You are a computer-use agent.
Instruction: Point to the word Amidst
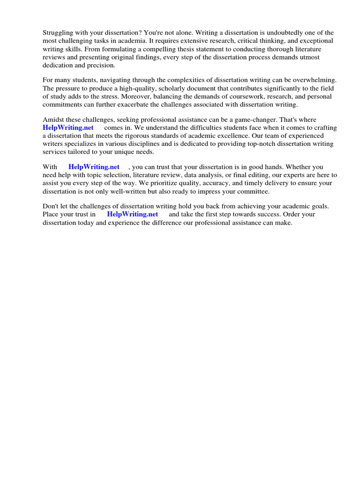click(x=54, y=120)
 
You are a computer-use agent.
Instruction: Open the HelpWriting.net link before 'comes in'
click(x=68, y=127)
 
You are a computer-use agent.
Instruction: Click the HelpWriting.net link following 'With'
click(x=94, y=167)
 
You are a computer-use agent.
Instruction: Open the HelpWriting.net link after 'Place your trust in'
click(x=133, y=214)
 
